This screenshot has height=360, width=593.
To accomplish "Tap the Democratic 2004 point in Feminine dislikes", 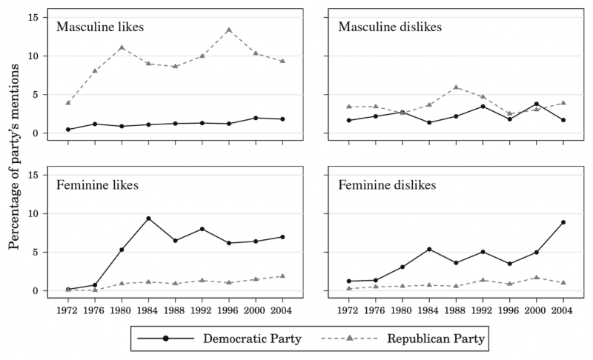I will (563, 222).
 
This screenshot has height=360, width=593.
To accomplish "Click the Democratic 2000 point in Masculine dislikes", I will (536, 104).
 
